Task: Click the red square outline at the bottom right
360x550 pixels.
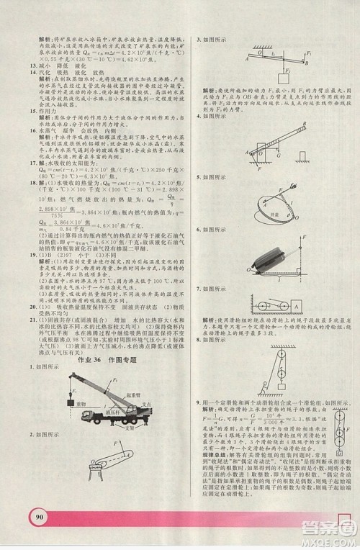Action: [x=343, y=535]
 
